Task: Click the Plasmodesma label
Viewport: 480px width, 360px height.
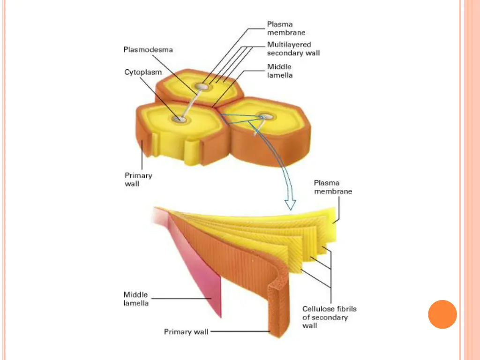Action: point(148,50)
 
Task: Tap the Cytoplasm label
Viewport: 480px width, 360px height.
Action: point(143,72)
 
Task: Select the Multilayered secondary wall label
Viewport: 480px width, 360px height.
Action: point(293,49)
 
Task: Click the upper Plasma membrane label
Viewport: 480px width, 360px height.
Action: point(286,28)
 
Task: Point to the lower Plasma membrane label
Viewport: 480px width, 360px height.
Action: point(333,187)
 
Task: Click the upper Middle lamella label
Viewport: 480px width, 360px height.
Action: point(280,71)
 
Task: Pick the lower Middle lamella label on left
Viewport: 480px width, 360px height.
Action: point(136,299)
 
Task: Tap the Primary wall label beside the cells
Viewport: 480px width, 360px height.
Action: point(138,180)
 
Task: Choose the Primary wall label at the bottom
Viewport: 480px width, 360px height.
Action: point(186,332)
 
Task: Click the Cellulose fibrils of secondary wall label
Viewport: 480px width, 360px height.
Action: point(329,317)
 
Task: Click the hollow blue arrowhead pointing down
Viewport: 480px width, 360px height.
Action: point(291,204)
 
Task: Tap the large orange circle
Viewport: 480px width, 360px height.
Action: point(442,314)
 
